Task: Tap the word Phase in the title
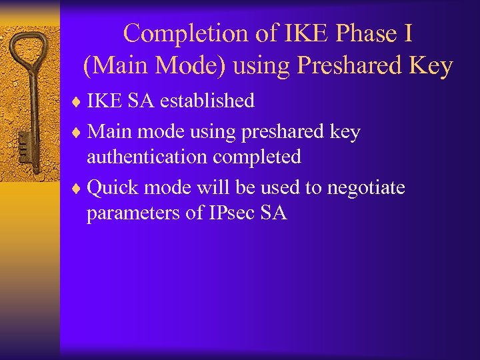tap(337, 33)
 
